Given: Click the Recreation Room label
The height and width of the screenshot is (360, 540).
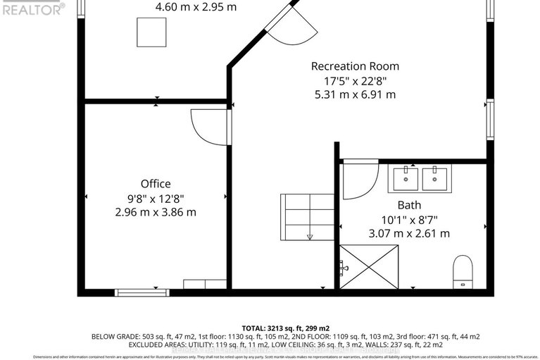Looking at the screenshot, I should [355, 66].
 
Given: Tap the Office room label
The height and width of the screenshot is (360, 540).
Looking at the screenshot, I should [155, 184].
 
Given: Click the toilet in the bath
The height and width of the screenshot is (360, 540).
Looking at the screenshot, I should [463, 271].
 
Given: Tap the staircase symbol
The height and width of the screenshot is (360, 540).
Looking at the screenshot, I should [307, 218].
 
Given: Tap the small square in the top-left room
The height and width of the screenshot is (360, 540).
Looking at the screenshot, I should [151, 31].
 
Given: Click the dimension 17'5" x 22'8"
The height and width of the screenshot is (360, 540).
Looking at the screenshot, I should [355, 80].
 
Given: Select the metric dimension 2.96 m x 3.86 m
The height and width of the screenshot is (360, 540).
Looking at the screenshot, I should [155, 211].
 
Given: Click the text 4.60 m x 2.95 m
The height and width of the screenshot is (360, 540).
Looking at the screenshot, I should [196, 7].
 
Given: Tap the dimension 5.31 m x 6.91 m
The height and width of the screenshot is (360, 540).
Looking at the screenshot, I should [355, 94].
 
